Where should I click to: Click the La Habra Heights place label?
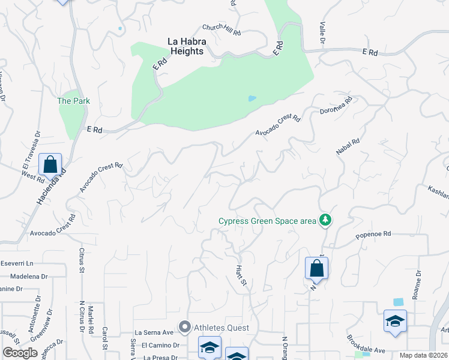coord(185,46)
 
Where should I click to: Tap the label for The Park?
coord(73,101)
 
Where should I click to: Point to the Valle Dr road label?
coord(323,33)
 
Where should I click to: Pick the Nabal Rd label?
coord(348,148)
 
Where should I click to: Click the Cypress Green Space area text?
coord(267,221)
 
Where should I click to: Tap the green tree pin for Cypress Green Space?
coord(325,220)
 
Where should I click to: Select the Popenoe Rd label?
coord(373,234)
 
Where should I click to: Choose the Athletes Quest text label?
coord(221,328)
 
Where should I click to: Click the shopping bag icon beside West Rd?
coord(50,164)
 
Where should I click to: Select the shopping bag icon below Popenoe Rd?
coord(316,268)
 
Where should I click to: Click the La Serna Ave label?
coord(154,332)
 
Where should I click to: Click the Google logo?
coord(20,352)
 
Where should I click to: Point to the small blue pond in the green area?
coord(252,98)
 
